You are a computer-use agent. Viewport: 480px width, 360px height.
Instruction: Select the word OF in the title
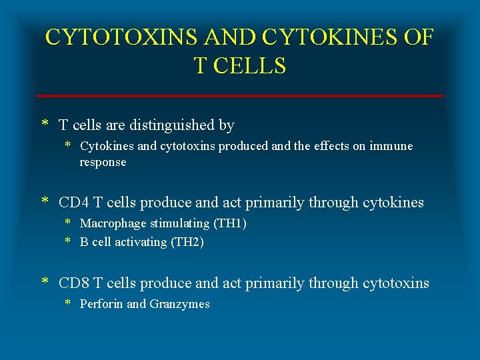[x=418, y=37]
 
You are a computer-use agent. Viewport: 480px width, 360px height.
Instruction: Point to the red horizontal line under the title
[x=240, y=96]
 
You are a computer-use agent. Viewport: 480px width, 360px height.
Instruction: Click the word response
[x=103, y=162]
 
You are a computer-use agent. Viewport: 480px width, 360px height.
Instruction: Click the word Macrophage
[x=109, y=223]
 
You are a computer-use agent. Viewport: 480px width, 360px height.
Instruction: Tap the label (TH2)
[x=187, y=242]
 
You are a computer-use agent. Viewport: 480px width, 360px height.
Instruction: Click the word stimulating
[x=173, y=223]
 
